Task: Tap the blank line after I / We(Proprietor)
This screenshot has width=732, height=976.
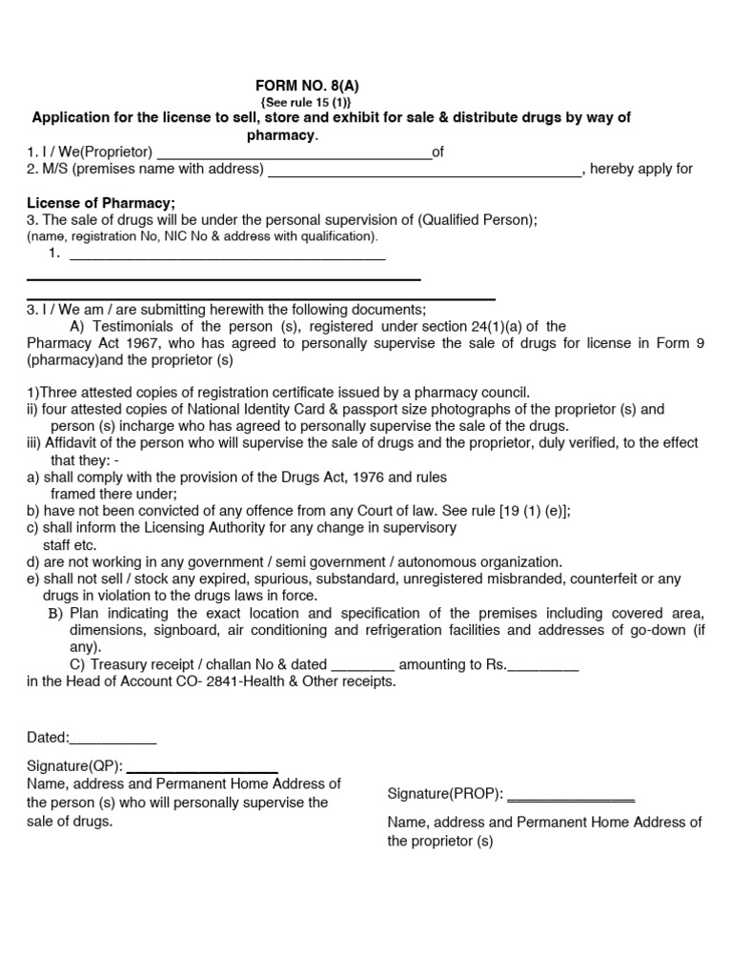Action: (x=294, y=152)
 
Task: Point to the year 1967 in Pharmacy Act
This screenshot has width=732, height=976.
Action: (x=142, y=343)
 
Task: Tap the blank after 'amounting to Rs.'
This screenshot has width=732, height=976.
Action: (x=543, y=665)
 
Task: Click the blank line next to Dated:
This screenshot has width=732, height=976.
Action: (x=113, y=739)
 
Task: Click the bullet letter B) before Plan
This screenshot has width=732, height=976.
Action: (x=56, y=613)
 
